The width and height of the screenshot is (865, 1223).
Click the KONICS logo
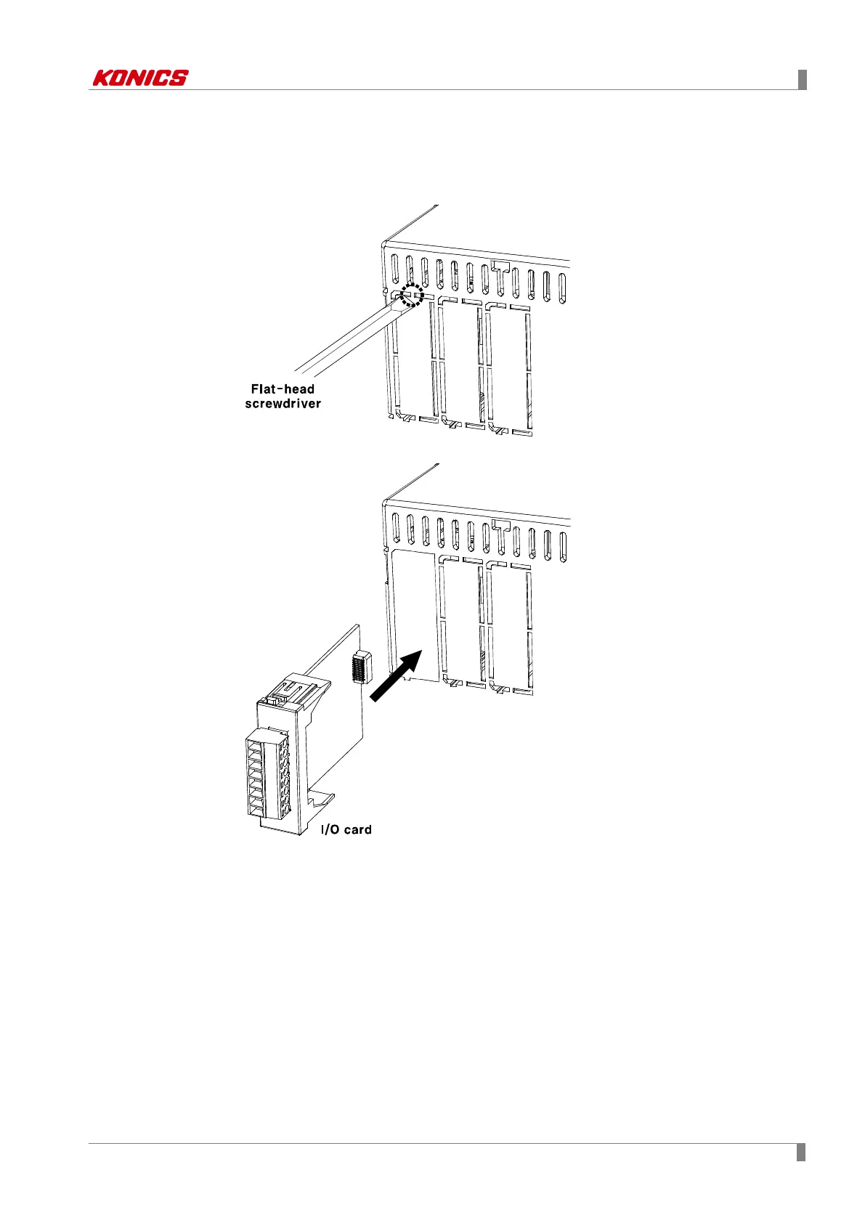(x=140, y=78)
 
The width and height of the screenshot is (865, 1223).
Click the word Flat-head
(x=283, y=389)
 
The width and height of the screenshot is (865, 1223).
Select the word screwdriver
(x=283, y=404)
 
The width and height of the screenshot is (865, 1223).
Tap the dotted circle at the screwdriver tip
(x=412, y=296)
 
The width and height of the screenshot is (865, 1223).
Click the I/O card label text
(x=346, y=829)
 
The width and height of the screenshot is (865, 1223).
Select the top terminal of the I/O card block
(x=256, y=746)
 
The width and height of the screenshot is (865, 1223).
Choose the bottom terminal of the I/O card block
(x=256, y=809)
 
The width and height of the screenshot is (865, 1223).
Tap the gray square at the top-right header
(x=803, y=79)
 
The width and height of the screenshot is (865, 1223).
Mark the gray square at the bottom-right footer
(x=801, y=1153)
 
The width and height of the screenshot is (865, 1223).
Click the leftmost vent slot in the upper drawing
(x=394, y=269)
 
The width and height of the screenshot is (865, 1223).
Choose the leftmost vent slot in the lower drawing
(x=395, y=528)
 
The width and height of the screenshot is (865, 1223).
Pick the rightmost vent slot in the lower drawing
(x=563, y=545)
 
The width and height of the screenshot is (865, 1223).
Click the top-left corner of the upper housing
(x=383, y=243)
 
